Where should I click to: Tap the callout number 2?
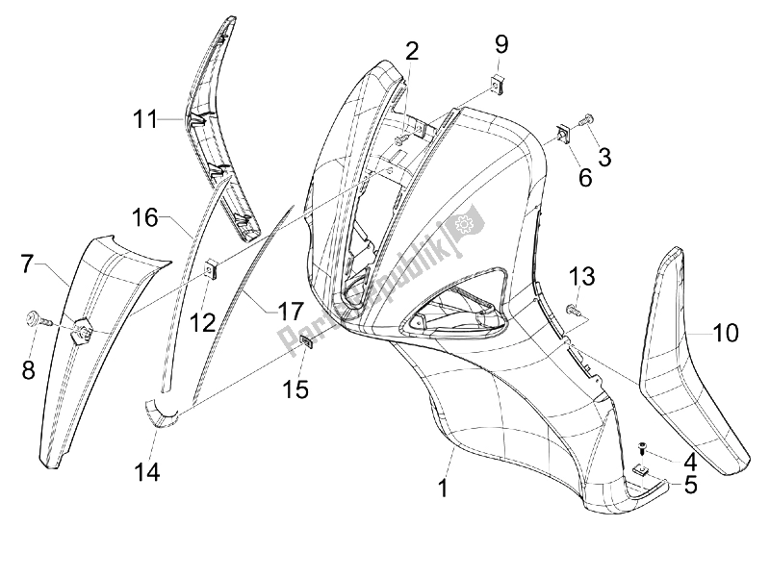coord(411,52)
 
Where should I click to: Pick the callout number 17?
coord(291,312)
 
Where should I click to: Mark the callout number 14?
coord(148,471)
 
